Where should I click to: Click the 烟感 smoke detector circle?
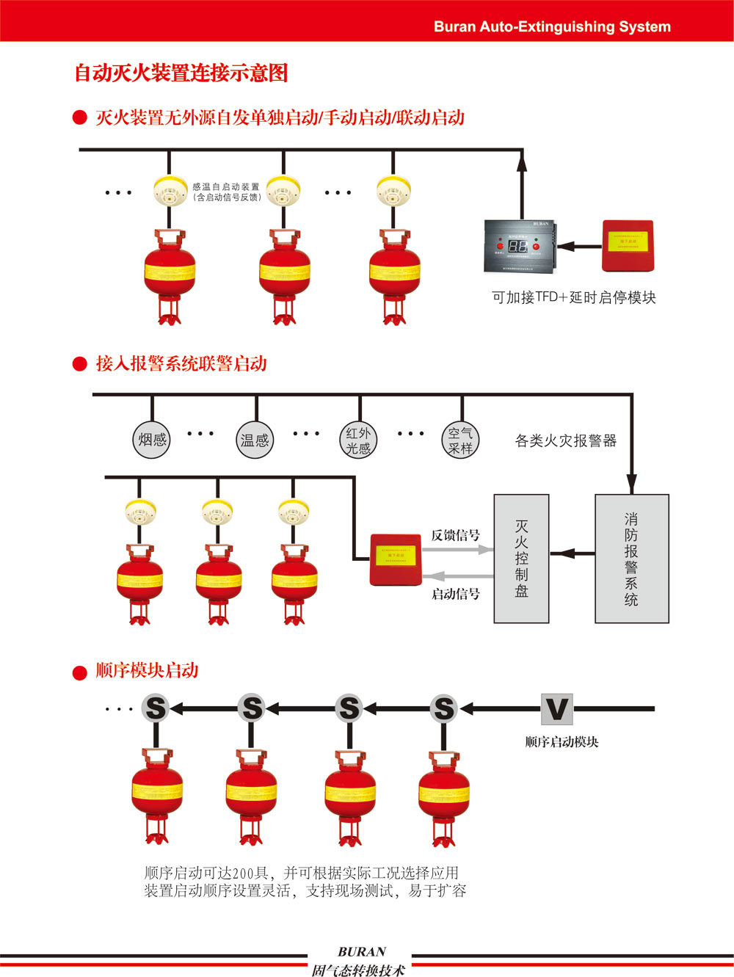pyautogui.click(x=152, y=440)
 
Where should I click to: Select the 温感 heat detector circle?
pyautogui.click(x=255, y=440)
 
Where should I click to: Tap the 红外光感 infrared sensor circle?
pyautogui.click(x=358, y=440)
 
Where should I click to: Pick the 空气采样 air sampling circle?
pyautogui.click(x=461, y=440)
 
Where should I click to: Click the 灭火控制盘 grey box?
pyautogui.click(x=521, y=559)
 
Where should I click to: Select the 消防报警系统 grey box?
pyautogui.click(x=631, y=559)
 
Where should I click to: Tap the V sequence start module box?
pyautogui.click(x=557, y=709)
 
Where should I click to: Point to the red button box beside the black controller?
pyautogui.click(x=628, y=245)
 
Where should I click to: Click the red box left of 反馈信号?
pyautogui.click(x=396, y=559)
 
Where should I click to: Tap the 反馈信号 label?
pyautogui.click(x=455, y=535)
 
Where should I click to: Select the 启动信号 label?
pyautogui.click(x=455, y=594)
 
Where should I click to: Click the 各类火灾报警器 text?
pyautogui.click(x=565, y=440)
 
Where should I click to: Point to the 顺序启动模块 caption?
pyautogui.click(x=562, y=742)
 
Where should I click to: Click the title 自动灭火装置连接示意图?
pyautogui.click(x=181, y=73)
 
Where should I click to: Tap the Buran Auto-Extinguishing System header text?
pyautogui.click(x=552, y=26)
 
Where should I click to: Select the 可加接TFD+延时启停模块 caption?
pyautogui.click(x=573, y=297)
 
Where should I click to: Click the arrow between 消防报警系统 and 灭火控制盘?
pyautogui.click(x=572, y=553)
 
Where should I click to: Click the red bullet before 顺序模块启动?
pyautogui.click(x=80, y=672)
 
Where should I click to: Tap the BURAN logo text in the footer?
pyautogui.click(x=361, y=951)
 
